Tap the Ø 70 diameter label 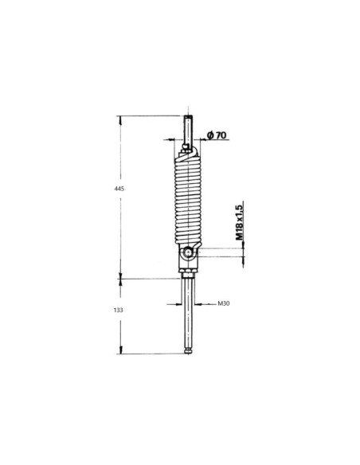(x=216, y=136)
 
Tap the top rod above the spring (x=188, y=127)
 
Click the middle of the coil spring (x=188, y=199)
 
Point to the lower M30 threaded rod (x=188, y=318)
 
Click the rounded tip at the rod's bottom (x=188, y=351)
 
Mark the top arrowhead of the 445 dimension (x=120, y=119)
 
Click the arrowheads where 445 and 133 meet (x=120, y=279)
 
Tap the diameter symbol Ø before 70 (x=209, y=136)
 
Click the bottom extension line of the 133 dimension (x=151, y=354)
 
